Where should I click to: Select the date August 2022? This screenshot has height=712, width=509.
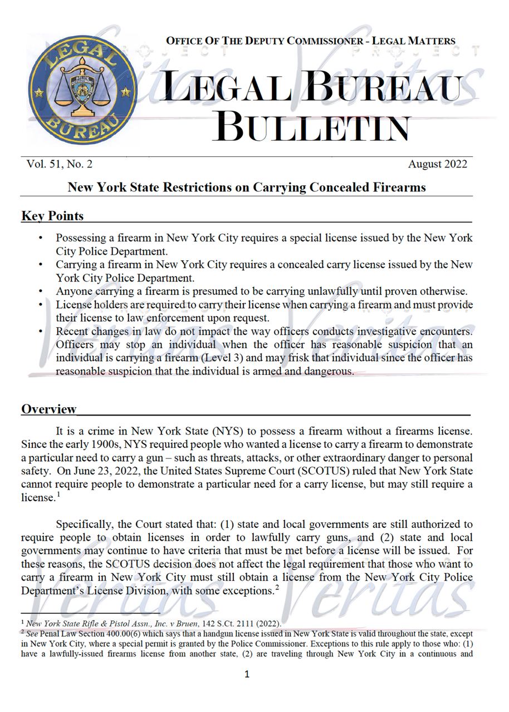437,164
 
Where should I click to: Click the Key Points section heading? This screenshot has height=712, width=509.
52,216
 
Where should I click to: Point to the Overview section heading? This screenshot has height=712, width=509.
49,409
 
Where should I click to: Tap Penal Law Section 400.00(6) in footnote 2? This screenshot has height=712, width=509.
92,633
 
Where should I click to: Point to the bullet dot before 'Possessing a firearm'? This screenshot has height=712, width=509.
41,238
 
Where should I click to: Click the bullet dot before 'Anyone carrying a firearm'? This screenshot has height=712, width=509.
41,291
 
